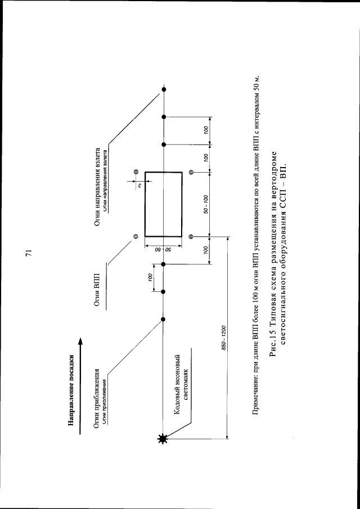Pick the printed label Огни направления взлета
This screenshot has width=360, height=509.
[97, 188]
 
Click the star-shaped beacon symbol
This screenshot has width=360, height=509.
[164, 440]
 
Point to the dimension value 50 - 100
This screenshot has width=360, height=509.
[206, 204]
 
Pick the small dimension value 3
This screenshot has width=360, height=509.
[138, 182]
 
